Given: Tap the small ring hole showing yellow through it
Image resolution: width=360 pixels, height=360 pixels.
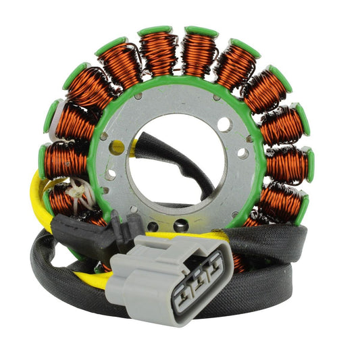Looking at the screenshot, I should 117,146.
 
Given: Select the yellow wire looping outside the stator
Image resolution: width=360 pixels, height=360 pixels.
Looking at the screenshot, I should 41,196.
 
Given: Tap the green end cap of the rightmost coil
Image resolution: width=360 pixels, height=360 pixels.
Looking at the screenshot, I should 309,164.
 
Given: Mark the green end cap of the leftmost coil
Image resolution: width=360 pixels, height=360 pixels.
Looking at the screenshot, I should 45,160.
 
